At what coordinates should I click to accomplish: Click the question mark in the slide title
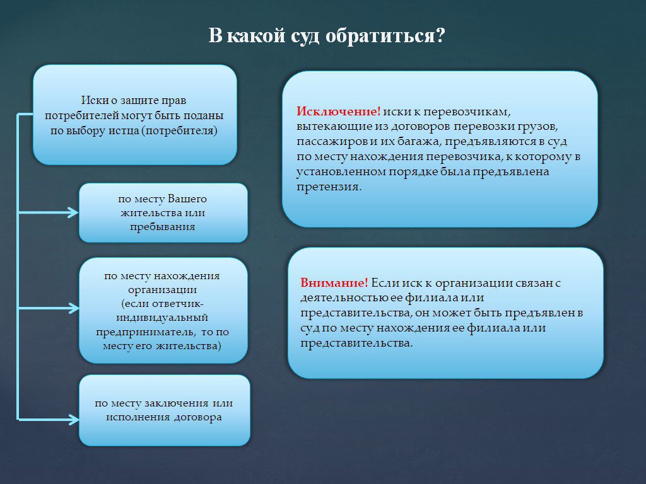[440, 36]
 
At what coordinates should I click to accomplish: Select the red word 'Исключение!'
[338, 111]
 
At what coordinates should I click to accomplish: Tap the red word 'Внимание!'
[334, 283]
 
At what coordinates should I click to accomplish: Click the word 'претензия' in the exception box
[328, 187]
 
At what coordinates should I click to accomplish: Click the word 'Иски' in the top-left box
[91, 101]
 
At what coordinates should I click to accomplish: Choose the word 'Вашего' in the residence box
[187, 199]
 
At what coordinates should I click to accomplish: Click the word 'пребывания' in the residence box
[163, 226]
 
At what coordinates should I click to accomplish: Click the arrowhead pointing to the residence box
[74, 212]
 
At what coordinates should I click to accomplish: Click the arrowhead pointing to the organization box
[74, 309]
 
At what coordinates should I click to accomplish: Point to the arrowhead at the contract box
[74, 419]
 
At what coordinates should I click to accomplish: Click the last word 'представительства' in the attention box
[356, 343]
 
